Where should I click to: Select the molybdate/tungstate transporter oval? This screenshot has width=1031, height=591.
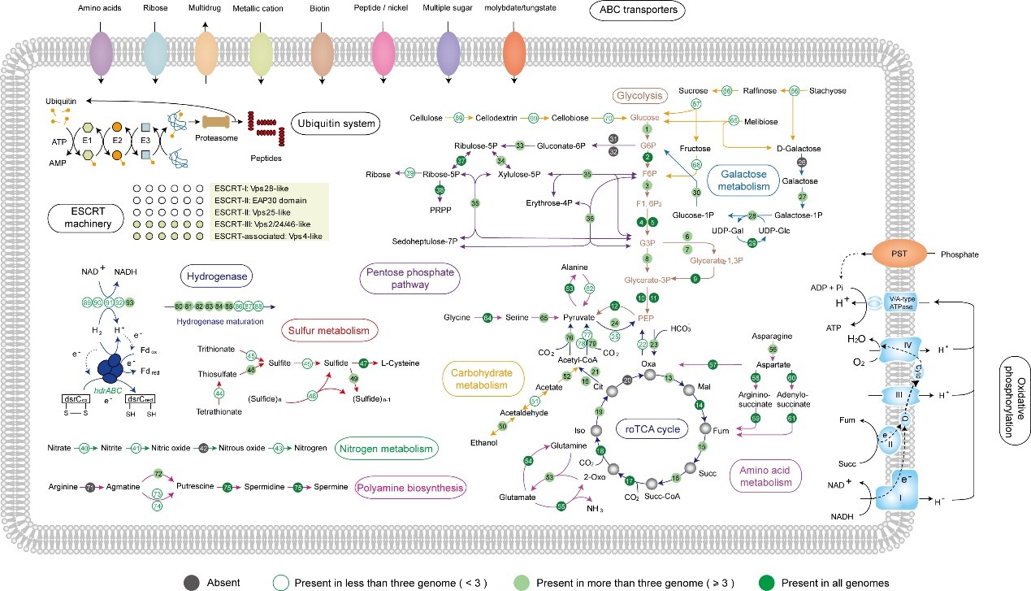[515, 53]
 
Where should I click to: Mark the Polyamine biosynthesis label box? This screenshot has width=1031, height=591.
[410, 489]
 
